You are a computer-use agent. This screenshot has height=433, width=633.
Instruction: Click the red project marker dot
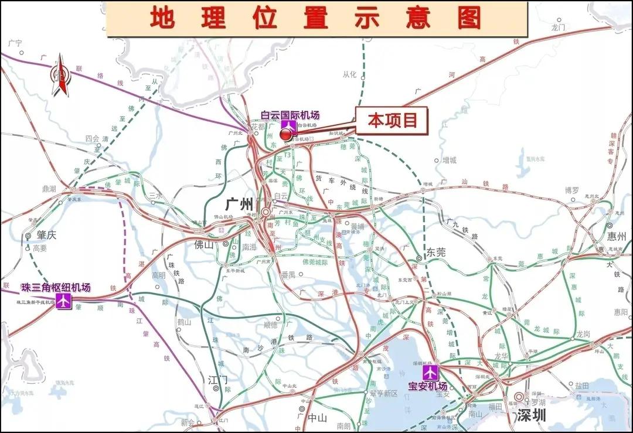[x=285, y=135]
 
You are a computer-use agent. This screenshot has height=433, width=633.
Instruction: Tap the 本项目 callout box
[x=392, y=120]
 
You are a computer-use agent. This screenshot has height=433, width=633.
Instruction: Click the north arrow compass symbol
[x=60, y=74]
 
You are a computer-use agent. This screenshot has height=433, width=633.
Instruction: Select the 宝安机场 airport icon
[x=431, y=372]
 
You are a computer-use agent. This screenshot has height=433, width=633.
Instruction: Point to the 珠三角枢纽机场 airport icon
[x=63, y=301]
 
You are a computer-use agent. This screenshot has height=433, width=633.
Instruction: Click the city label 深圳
[x=532, y=416]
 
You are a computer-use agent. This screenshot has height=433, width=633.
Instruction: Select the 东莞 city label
[x=435, y=253]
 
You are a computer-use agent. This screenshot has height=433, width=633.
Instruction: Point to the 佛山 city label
[x=205, y=245]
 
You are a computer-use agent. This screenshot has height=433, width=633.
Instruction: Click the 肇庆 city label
[x=44, y=236]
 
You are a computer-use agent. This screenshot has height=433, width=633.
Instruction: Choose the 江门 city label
[x=217, y=380]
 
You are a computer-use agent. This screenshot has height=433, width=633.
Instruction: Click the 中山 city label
[x=317, y=418]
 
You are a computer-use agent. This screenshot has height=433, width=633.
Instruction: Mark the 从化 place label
[x=349, y=74]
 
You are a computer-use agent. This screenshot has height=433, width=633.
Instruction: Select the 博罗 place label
[x=571, y=190]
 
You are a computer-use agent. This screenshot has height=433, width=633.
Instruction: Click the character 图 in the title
[x=469, y=18]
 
